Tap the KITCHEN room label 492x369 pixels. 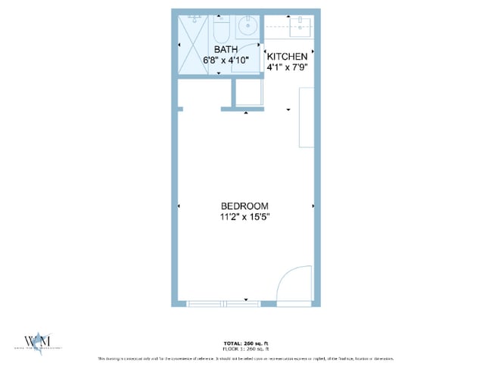pos(287,57)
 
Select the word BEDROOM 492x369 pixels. pos(244,206)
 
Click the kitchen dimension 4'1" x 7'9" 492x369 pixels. pos(287,67)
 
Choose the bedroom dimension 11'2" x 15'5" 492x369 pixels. pos(244,217)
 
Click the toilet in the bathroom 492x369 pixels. pos(222,29)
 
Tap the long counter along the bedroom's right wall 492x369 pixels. pos(307,117)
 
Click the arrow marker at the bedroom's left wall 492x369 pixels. pos(179,206)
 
